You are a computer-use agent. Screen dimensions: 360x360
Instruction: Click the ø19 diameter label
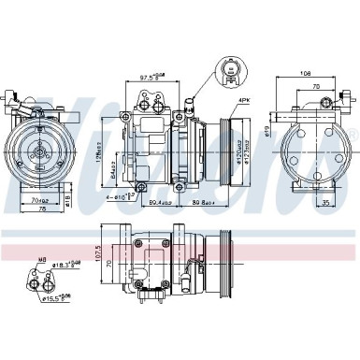click(266, 130)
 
